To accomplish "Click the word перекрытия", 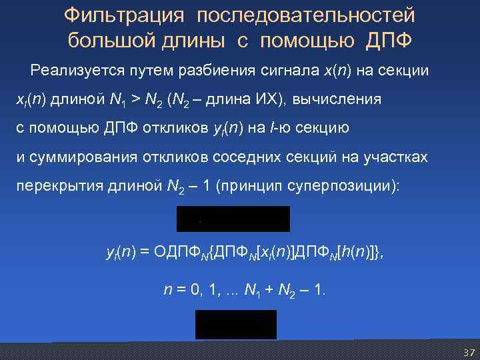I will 54,186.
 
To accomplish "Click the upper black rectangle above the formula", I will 233,219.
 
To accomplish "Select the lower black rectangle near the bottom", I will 235,325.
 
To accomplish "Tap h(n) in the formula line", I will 352,253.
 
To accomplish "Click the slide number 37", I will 468,352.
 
